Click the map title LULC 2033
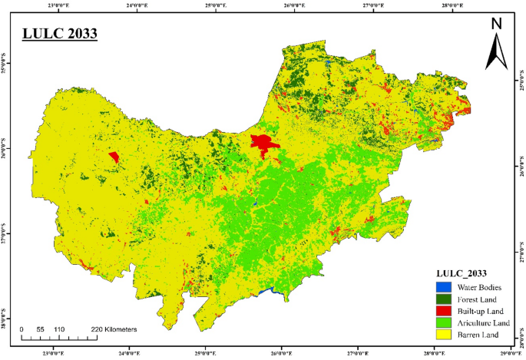59,35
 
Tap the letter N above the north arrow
496,23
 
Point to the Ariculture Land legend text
481,323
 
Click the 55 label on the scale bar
41,329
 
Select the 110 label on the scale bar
59,329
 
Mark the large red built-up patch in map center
263,144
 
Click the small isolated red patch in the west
114,157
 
